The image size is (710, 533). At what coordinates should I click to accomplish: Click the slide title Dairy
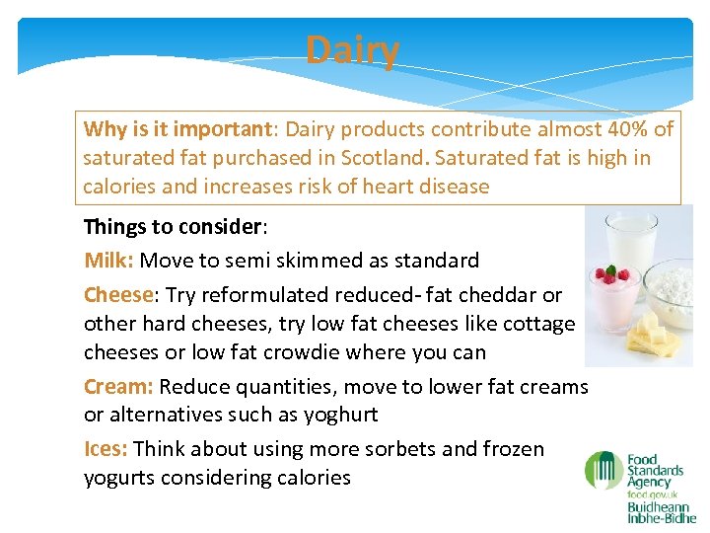pyautogui.click(x=352, y=50)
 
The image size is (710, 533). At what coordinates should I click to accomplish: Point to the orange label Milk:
pyautogui.click(x=109, y=261)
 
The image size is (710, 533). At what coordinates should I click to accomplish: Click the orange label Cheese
pyautogui.click(x=119, y=295)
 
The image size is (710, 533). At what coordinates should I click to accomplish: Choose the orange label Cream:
pyautogui.click(x=118, y=386)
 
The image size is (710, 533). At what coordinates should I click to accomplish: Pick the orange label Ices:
pyautogui.click(x=106, y=449)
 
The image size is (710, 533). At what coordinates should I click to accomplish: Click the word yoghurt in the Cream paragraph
pyautogui.click(x=342, y=415)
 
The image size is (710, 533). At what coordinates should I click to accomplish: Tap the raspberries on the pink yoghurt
pyautogui.click(x=609, y=273)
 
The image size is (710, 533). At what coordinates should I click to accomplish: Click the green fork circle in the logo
pyautogui.click(x=603, y=471)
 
